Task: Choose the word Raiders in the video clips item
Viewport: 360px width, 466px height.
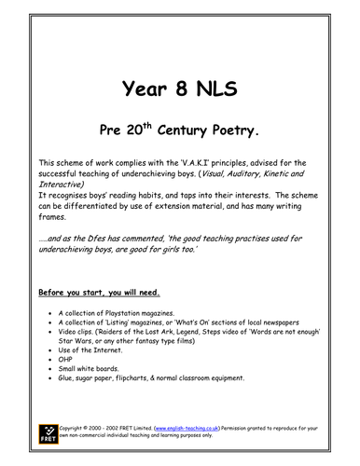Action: pyautogui.click(x=129, y=337)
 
